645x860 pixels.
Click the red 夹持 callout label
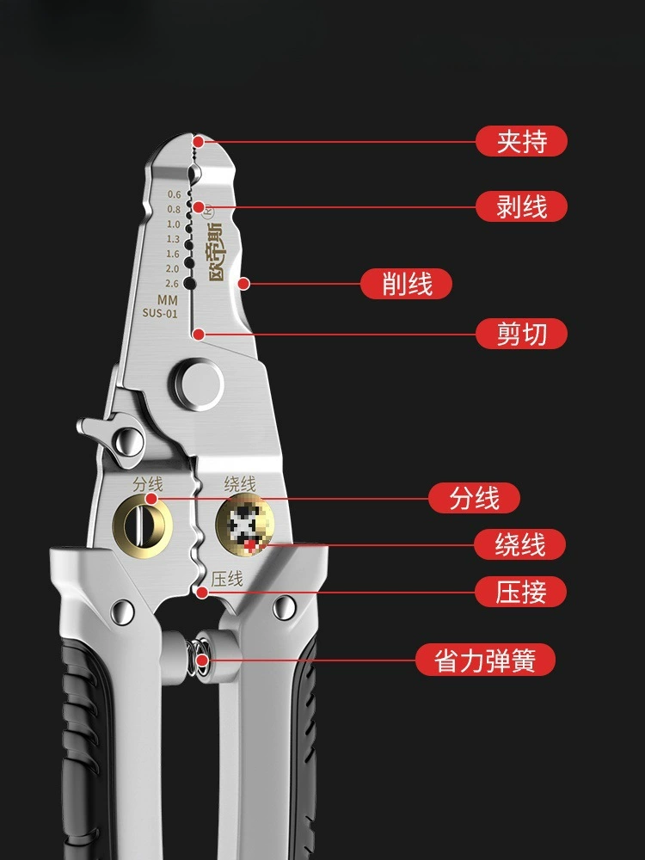point(521,142)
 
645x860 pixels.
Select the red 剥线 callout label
point(521,206)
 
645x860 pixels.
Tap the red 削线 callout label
point(406,284)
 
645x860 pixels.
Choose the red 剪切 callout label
point(521,334)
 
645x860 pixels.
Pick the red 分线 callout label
point(474,498)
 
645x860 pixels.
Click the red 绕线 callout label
point(520,544)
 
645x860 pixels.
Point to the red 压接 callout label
point(520,592)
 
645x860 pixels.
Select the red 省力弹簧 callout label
point(485,660)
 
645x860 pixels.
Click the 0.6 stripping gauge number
point(174,194)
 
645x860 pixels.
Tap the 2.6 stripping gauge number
point(172,284)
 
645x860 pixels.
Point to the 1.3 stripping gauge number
point(174,239)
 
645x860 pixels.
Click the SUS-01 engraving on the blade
point(160,313)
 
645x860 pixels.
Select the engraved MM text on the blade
point(168,300)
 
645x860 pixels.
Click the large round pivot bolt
point(199,384)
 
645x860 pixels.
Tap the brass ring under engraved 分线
point(142,525)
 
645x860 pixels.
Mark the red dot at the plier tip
point(199,142)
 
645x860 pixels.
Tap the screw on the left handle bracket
point(122,611)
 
